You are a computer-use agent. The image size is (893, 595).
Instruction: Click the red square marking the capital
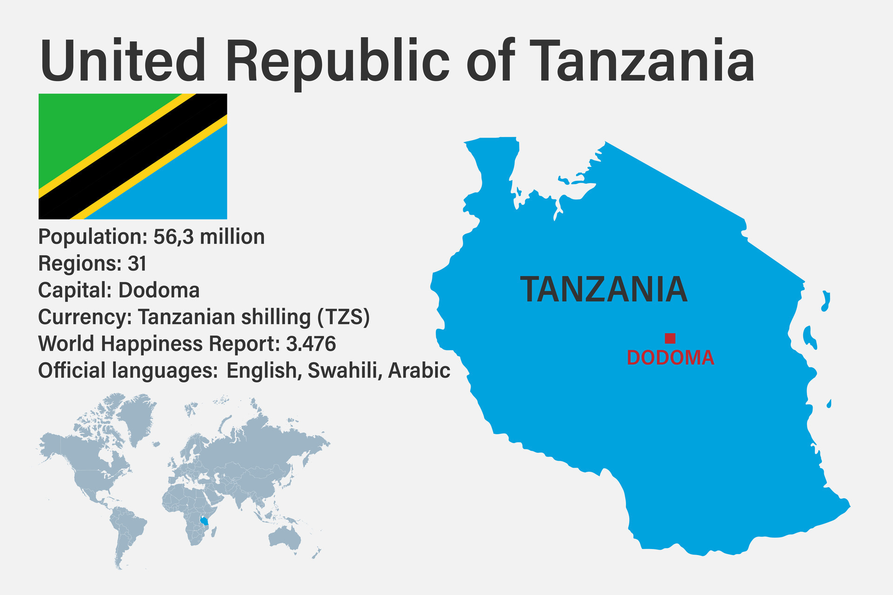(670, 338)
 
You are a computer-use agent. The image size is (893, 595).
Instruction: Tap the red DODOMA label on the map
(670, 357)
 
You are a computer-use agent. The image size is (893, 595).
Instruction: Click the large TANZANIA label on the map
(603, 289)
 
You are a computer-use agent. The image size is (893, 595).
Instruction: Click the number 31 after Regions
(137, 264)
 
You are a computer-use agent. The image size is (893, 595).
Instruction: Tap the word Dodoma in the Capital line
(159, 291)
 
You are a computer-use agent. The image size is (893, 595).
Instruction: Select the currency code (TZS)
(344, 317)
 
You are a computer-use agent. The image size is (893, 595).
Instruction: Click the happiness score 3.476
(311, 344)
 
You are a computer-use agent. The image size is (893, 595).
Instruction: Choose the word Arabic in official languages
(419, 370)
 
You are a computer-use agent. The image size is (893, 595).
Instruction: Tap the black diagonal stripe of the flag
(133, 156)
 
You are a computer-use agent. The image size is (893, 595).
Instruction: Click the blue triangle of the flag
(186, 186)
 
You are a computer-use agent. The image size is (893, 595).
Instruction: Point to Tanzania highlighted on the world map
(203, 520)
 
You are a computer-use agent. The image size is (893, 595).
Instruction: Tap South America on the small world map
(127, 530)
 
